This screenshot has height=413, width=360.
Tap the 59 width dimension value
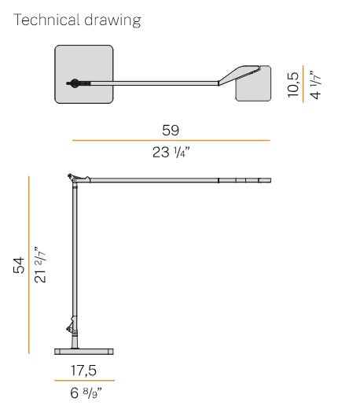point(171,127)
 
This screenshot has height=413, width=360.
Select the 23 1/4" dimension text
point(171,153)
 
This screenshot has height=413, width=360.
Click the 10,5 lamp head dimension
point(293,82)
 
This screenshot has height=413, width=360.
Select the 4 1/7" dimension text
point(317,82)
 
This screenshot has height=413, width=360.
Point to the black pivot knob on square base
point(73,83)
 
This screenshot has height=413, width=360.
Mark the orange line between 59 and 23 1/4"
point(171,140)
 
